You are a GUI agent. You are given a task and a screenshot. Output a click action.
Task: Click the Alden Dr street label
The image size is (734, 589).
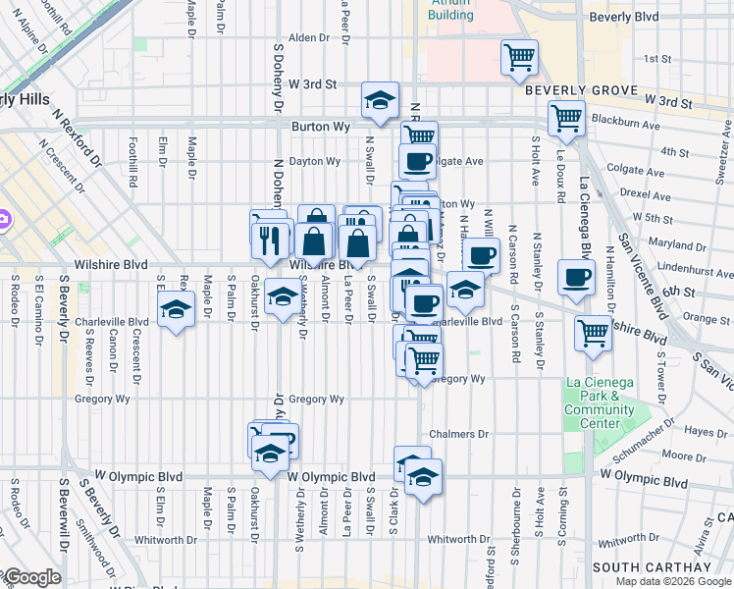tap(307, 37)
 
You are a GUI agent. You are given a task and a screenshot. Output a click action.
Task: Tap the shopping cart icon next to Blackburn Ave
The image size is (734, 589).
tap(566, 118)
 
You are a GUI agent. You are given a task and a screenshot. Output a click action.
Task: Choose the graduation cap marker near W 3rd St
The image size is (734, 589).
tap(380, 99)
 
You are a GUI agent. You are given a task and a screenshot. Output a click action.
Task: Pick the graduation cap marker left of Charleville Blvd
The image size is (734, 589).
tap(177, 309)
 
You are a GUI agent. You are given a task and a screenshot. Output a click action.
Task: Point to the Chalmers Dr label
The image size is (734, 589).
tap(458, 434)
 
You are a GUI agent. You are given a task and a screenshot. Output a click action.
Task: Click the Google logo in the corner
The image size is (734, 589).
tap(31, 577)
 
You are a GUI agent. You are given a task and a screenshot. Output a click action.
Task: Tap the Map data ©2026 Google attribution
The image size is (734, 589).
tap(673, 581)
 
